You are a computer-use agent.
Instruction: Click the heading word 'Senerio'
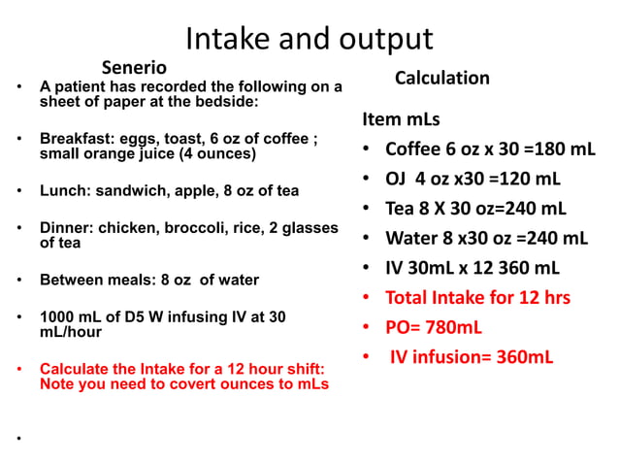tap(134, 68)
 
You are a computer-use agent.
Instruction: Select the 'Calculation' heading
tap(441, 78)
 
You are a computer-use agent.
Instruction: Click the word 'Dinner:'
tap(65, 228)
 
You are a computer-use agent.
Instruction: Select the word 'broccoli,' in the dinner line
tap(194, 228)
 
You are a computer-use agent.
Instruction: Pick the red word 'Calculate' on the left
tap(74, 369)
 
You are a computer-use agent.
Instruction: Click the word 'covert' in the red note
tap(216, 383)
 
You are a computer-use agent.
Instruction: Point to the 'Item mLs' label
tap(401, 120)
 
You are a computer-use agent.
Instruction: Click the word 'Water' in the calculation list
tap(411, 238)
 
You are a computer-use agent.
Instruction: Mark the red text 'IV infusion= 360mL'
tap(472, 356)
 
